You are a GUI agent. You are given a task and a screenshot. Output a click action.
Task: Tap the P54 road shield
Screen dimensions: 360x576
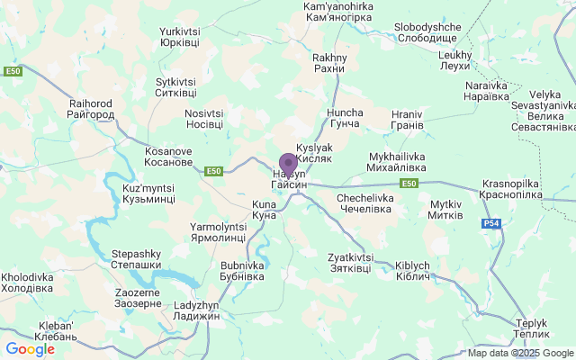pos(490,223)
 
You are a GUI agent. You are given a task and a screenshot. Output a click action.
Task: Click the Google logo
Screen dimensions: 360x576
pos(30,349)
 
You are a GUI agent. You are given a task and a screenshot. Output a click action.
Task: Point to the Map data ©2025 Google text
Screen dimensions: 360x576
pos(520,353)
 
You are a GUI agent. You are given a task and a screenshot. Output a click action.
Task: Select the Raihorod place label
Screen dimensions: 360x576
pos(91,110)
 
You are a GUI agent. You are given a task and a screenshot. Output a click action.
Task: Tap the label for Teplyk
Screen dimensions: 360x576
pos(532,328)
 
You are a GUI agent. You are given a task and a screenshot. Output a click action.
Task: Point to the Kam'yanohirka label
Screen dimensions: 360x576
pos(339,12)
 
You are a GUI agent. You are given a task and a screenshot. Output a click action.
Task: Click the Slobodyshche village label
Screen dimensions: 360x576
pos(428,32)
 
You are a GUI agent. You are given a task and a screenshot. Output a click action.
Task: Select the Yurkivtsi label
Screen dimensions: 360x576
pos(179,37)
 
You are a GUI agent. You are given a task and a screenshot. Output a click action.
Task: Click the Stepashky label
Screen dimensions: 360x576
pos(137,259)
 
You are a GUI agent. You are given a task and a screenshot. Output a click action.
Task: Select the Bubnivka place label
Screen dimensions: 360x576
pos(242,271)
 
